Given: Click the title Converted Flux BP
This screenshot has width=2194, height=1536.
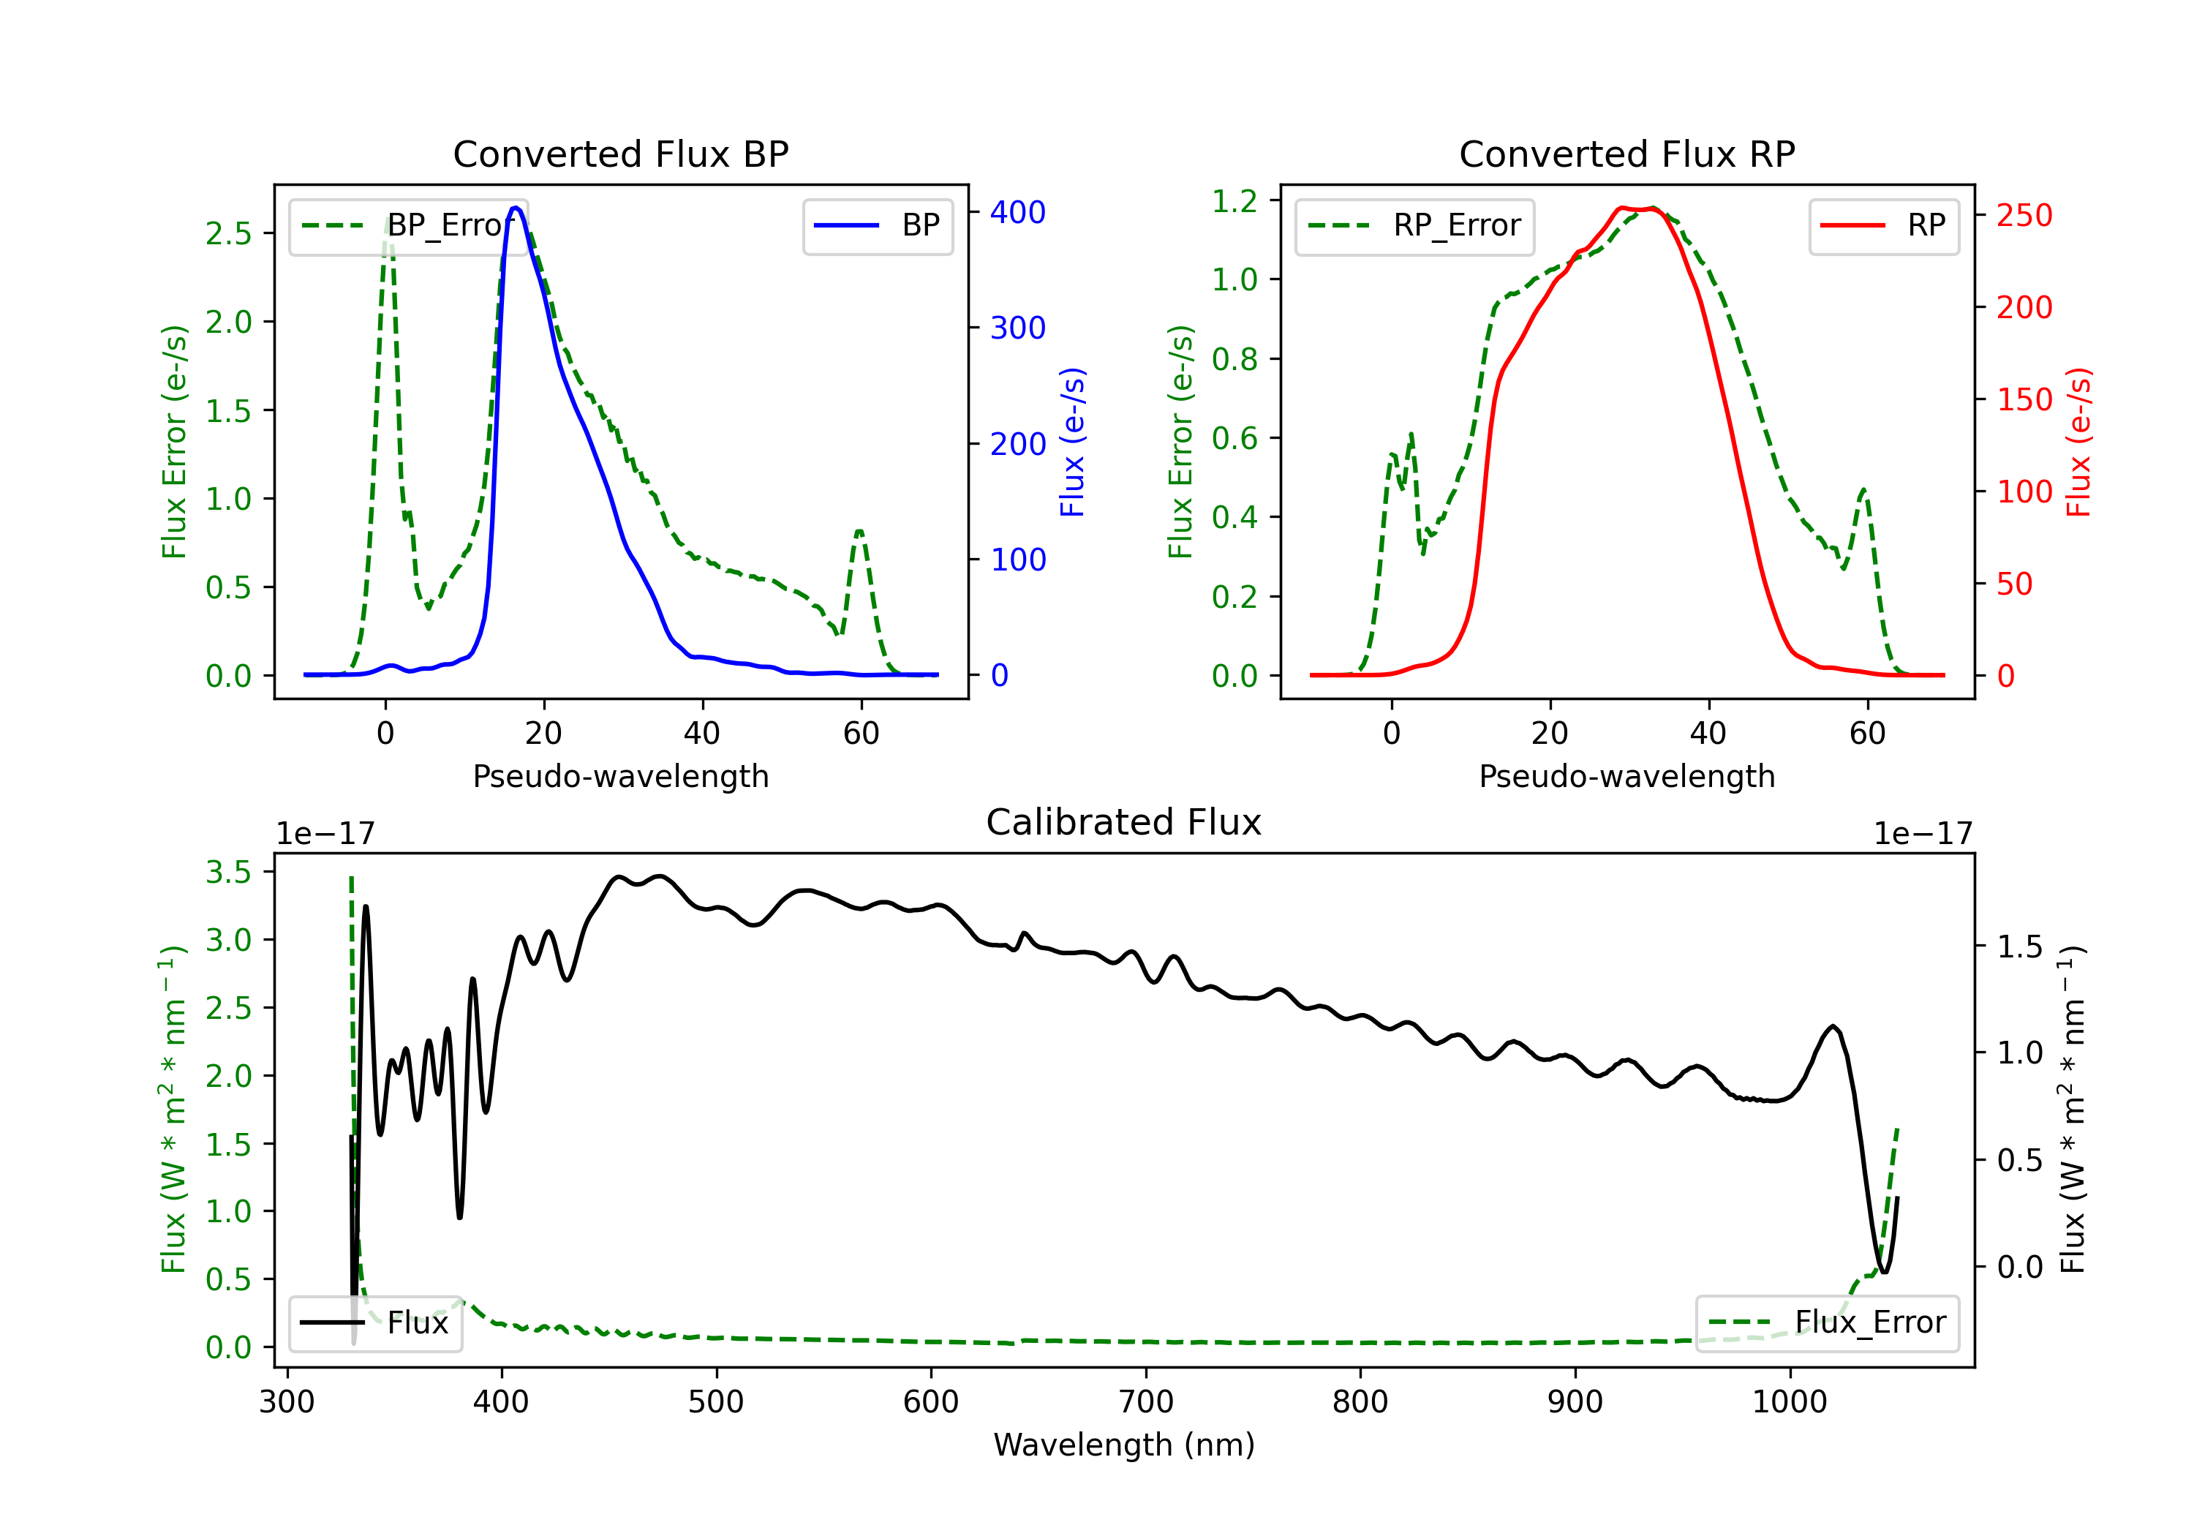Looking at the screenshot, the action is point(620,154).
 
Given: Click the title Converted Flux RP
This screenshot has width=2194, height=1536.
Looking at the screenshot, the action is point(1626,154).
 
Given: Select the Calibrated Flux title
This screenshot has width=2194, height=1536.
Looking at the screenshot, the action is point(1124,822).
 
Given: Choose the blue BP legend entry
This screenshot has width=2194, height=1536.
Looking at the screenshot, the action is point(877,225).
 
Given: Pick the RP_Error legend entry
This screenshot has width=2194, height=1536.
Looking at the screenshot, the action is point(1414,225).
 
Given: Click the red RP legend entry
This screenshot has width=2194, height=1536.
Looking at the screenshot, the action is point(1883,225).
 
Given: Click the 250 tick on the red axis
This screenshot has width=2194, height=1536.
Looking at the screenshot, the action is point(2024,215).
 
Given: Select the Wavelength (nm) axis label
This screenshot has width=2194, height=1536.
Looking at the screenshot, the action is point(1124,1445).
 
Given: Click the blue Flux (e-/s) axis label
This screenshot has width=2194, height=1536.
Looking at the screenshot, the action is point(1072,443).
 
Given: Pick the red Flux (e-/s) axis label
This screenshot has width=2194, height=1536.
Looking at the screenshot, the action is point(2078,443).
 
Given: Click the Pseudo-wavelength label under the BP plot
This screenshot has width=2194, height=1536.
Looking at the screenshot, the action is point(620,776).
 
